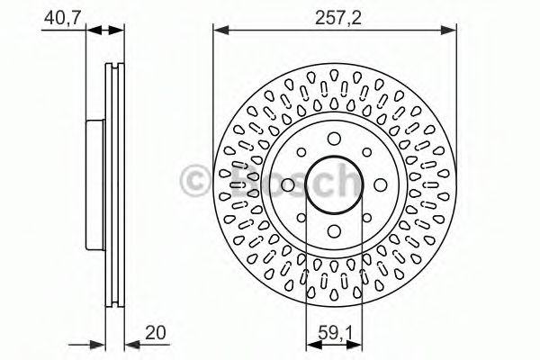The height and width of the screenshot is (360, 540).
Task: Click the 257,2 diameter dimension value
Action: coord(338,18)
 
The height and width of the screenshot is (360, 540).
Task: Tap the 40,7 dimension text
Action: coord(61,18)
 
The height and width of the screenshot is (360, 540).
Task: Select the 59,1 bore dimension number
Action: coord(335,333)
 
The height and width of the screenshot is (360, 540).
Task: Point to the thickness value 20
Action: coord(156,333)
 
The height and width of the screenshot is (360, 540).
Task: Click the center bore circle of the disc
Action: coord(334,184)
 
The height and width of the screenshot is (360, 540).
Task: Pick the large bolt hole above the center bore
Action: coord(334,139)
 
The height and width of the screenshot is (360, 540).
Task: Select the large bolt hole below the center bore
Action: coord(334,230)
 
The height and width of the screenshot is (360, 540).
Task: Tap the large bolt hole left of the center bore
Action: coord(288,185)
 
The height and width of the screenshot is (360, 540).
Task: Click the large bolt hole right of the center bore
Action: coord(380,185)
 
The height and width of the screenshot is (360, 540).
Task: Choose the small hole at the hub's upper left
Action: coord(301,152)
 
